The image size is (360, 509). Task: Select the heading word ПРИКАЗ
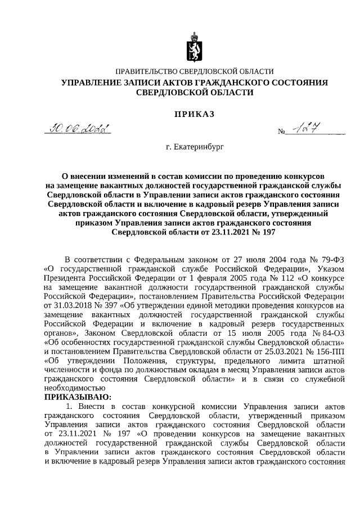click(193, 114)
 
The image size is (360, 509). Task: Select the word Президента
click(65, 277)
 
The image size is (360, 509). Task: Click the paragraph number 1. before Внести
click(70, 406)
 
